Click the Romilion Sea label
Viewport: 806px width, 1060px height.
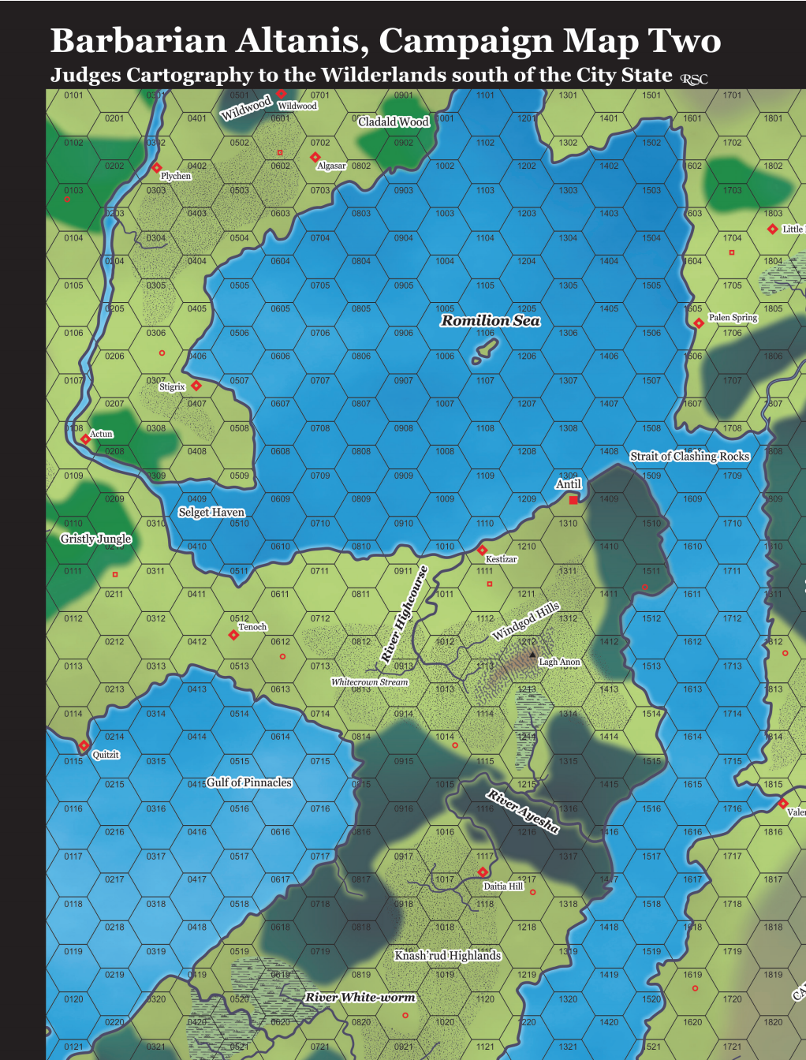pyautogui.click(x=490, y=320)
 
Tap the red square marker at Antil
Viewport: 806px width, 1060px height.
pyautogui.click(x=573, y=500)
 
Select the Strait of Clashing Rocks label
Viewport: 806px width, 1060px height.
pyautogui.click(x=689, y=456)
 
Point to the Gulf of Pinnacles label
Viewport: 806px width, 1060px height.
pyautogui.click(x=248, y=782)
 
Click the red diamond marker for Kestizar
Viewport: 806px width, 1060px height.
pyautogui.click(x=482, y=550)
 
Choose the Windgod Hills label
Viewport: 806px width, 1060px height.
pyautogui.click(x=525, y=621)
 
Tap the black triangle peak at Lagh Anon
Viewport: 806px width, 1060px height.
pyautogui.click(x=532, y=655)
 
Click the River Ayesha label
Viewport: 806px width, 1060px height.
pyautogui.click(x=523, y=811)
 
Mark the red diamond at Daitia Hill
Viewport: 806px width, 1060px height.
pyautogui.click(x=483, y=872)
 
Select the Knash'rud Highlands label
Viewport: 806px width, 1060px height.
pyautogui.click(x=447, y=955)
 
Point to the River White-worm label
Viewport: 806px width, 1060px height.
pyautogui.click(x=360, y=997)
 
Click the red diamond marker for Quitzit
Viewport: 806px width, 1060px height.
pyautogui.click(x=84, y=745)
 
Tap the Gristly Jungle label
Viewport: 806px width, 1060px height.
pyautogui.click(x=95, y=539)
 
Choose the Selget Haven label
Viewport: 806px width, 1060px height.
pyautogui.click(x=211, y=512)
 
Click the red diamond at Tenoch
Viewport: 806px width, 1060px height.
pyautogui.click(x=233, y=635)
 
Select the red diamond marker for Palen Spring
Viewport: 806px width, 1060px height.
pyautogui.click(x=699, y=323)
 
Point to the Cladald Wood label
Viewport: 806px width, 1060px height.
pyautogui.click(x=393, y=121)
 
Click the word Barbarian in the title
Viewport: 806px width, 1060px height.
pyautogui.click(x=131, y=40)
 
